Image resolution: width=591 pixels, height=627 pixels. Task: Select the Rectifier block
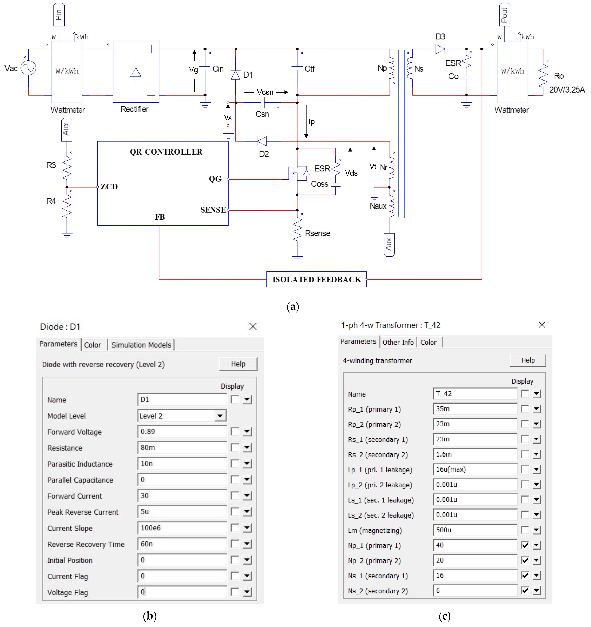coord(136,72)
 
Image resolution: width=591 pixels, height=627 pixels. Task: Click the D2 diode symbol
coord(262,141)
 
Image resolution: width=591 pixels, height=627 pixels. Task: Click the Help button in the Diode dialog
coord(238,364)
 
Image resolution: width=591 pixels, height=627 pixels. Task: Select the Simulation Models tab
coord(141,345)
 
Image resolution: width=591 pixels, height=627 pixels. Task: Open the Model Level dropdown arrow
coord(220,416)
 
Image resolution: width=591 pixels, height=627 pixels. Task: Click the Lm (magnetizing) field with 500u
coord(475,530)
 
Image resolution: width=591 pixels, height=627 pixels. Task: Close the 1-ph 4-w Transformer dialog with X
coord(542,325)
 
